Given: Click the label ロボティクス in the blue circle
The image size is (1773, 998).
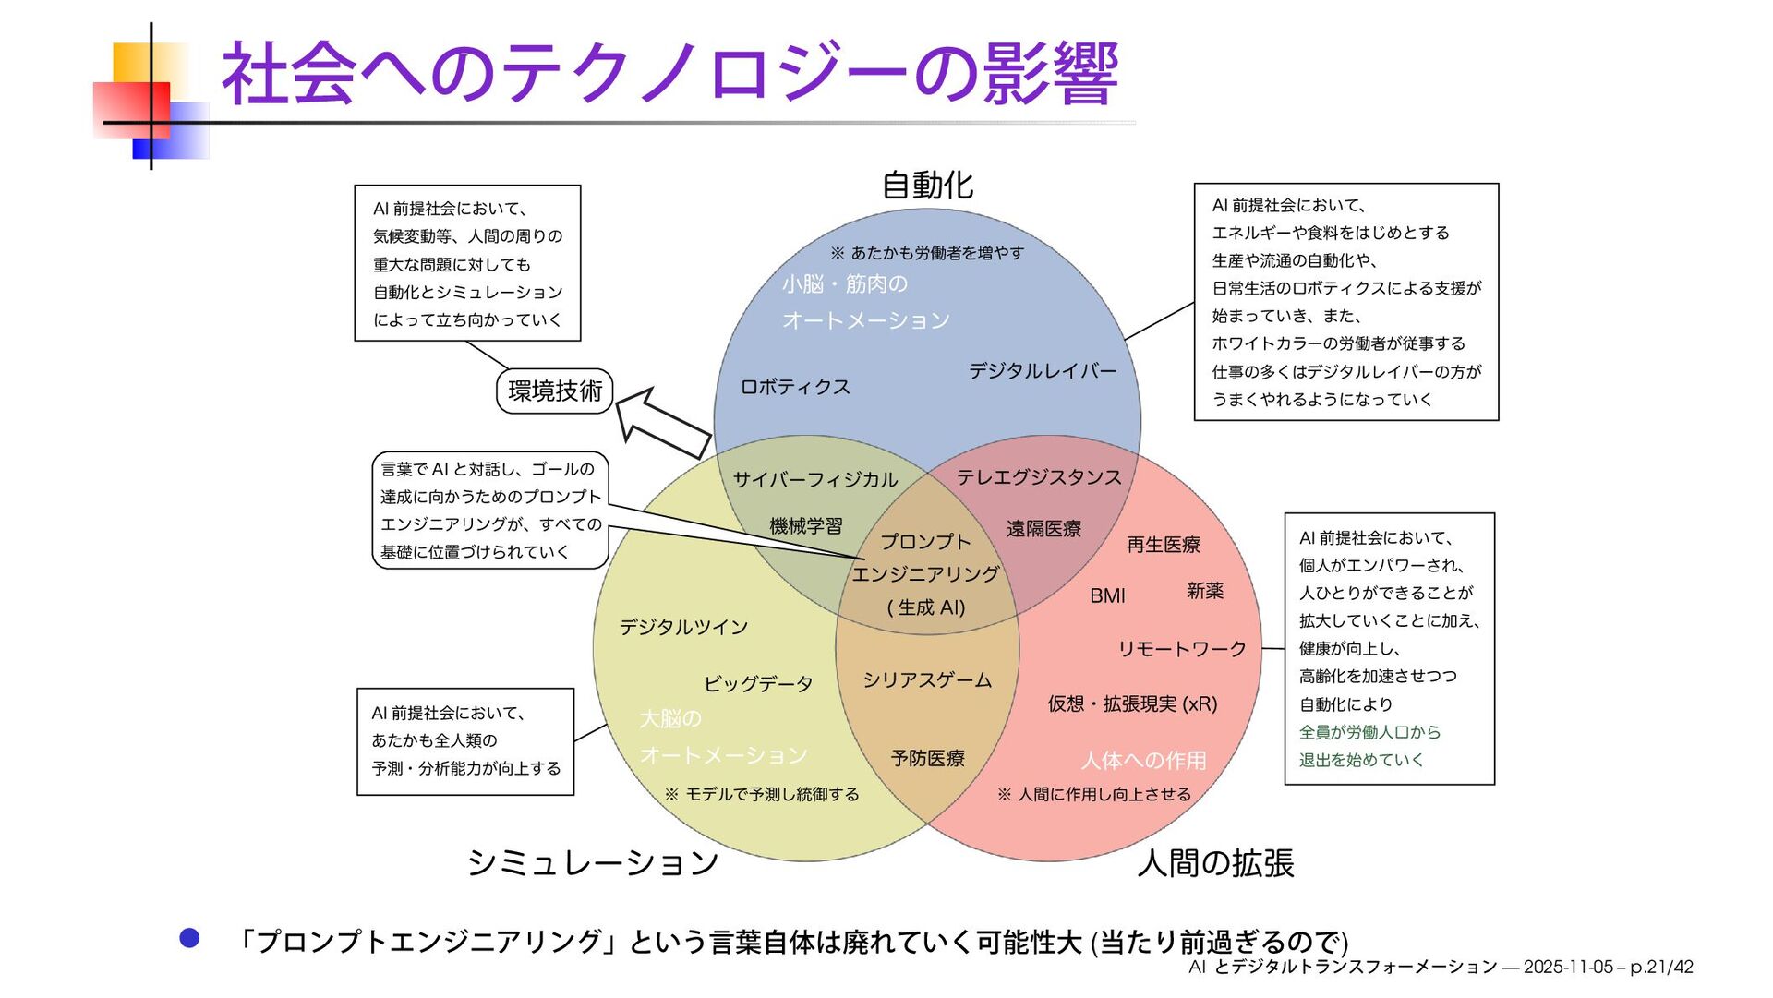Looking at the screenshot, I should (x=795, y=387).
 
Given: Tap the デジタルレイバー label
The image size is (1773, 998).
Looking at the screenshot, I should (x=1043, y=371).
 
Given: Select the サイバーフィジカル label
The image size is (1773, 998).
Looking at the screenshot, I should (x=815, y=479).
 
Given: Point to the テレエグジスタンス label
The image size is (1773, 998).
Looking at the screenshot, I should (x=1039, y=477).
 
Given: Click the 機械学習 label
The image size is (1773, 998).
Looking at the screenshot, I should (x=806, y=526).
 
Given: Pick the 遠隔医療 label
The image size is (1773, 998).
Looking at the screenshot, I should (x=1043, y=529).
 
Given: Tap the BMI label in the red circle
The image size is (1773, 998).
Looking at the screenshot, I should (x=1107, y=596).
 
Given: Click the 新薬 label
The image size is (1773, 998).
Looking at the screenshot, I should (x=1205, y=591).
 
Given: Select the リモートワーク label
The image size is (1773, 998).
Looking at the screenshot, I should (x=1182, y=649).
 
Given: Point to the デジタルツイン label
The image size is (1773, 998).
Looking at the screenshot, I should (x=683, y=628).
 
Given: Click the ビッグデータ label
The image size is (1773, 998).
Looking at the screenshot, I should (x=758, y=684).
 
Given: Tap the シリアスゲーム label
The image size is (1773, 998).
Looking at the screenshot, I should (x=927, y=680).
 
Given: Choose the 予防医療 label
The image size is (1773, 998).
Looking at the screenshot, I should (x=927, y=758).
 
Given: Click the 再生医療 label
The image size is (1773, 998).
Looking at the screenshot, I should (x=1164, y=545).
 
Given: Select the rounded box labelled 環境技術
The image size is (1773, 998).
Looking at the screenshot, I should (x=555, y=391).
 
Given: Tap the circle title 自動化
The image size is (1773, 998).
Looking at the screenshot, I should (x=927, y=186).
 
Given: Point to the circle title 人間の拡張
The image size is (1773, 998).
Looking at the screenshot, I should (x=1215, y=863).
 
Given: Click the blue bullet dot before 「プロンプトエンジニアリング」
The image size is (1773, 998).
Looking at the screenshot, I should (x=189, y=939).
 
